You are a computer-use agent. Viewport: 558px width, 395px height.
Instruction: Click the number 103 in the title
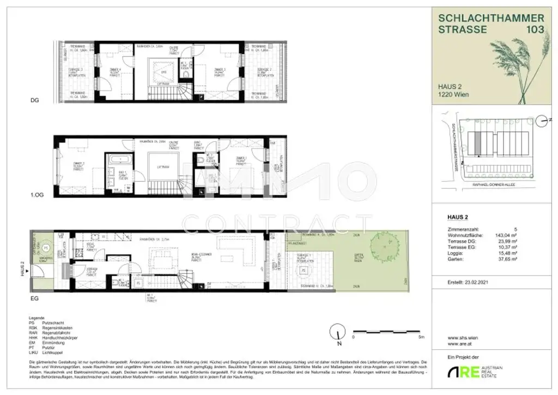[x=533, y=29]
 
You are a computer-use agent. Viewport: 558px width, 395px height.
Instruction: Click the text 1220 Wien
[x=453, y=94]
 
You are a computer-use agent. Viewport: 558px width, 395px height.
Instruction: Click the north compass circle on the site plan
[x=541, y=121]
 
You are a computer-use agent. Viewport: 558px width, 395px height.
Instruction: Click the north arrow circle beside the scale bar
[x=338, y=332]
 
